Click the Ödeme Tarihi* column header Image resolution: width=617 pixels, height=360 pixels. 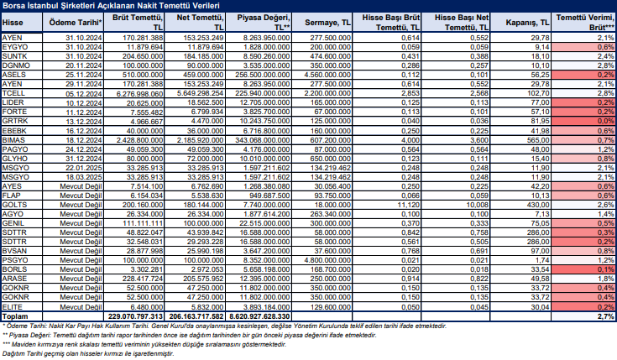click(x=76, y=23)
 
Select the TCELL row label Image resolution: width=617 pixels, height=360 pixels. click(x=13, y=93)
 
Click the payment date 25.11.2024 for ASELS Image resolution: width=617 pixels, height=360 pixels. click(x=84, y=75)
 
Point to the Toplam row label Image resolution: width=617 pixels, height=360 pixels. click(x=15, y=316)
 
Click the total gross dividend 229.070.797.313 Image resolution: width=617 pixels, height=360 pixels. click(x=135, y=316)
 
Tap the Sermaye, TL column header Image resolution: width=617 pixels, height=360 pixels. click(x=327, y=23)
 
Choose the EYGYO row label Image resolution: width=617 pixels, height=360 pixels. click(x=15, y=47)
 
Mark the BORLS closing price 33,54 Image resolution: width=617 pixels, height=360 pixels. click(x=540, y=269)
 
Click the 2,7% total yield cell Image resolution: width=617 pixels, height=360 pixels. click(x=605, y=316)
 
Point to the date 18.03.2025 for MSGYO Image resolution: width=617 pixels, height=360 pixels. click(x=84, y=177)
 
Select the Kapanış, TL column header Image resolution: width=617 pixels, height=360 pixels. click(x=527, y=23)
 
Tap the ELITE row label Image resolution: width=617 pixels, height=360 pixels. click(x=13, y=307)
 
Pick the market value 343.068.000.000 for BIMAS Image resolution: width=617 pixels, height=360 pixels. click(x=263, y=140)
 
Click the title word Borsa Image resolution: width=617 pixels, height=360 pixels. click(x=13, y=6)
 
